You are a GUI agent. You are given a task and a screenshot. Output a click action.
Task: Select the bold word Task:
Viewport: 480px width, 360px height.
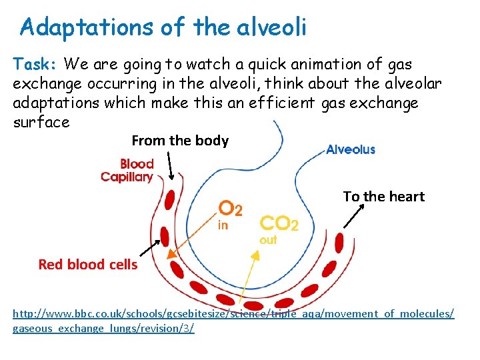[36, 65]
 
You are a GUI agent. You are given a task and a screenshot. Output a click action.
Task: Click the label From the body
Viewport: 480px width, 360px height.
[180, 141]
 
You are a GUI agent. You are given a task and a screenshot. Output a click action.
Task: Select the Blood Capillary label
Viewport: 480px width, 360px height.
[127, 170]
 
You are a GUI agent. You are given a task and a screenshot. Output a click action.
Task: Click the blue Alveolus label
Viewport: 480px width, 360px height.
[350, 149]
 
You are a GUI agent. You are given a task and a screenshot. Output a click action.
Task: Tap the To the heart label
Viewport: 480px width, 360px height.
[383, 196]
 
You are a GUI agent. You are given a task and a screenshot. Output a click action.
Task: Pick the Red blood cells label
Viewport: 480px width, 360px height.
[88, 265]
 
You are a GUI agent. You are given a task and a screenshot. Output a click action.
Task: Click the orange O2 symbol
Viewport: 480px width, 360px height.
[231, 209]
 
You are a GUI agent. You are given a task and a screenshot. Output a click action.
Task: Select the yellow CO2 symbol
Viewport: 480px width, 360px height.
[279, 223]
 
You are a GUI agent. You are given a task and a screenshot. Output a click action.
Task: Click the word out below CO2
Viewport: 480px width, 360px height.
[268, 239]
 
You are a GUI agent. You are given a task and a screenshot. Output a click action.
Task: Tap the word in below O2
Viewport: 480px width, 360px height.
[223, 225]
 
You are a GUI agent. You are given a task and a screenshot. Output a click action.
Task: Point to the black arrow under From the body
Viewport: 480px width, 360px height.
[171, 165]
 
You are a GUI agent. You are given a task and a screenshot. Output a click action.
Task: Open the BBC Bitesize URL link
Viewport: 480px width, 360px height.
[233, 321]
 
